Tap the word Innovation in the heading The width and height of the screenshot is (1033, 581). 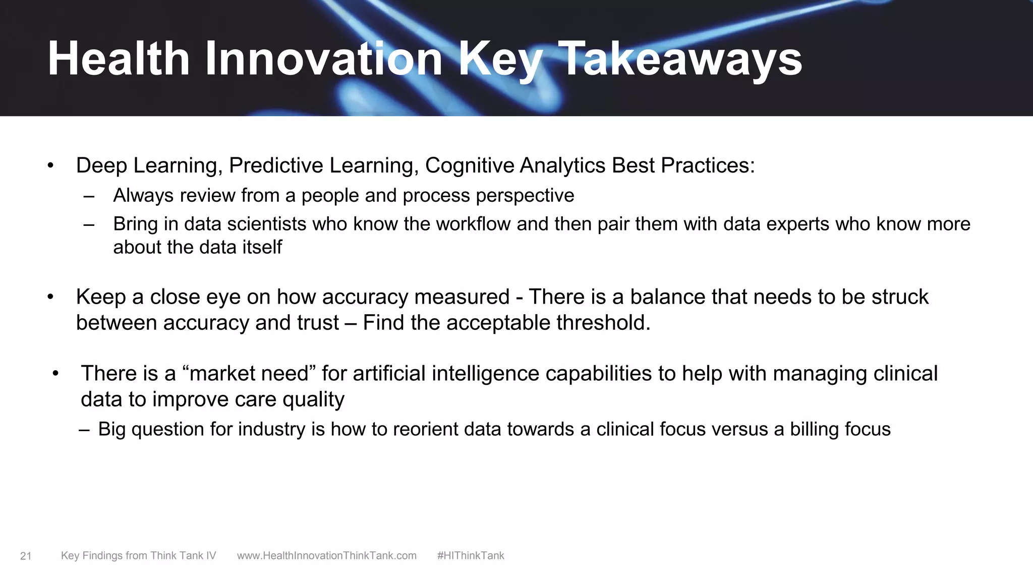tap(323, 60)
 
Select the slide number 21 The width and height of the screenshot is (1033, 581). tap(26, 556)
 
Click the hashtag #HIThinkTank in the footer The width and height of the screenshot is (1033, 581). tap(470, 556)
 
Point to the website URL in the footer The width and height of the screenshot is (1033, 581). tap(326, 556)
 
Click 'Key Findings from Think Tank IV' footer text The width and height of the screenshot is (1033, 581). tap(138, 556)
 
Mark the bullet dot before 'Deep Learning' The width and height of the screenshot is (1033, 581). tap(50, 166)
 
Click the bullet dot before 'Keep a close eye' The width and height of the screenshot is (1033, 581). tap(50, 297)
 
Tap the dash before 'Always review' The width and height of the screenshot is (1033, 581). tap(89, 196)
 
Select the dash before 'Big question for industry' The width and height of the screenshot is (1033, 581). tap(84, 430)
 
